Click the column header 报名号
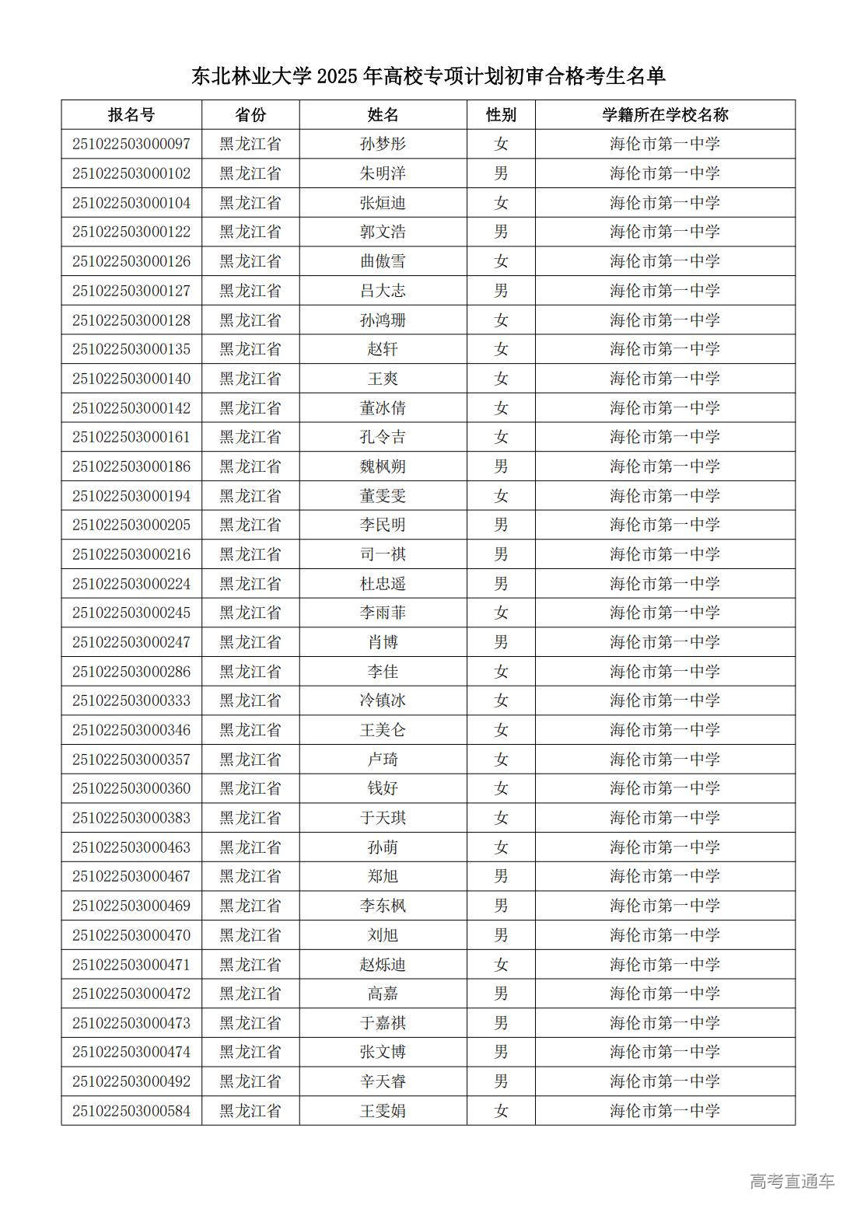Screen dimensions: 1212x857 [131, 115]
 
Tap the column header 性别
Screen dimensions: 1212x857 [501, 115]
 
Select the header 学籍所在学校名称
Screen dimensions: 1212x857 [665, 115]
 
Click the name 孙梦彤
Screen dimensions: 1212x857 [383, 144]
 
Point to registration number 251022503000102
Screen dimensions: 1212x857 [131, 173]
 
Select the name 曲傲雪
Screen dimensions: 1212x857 [383, 261]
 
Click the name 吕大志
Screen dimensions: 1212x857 [383, 291]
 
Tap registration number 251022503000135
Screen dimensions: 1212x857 [131, 349]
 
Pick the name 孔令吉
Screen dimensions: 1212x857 [383, 437]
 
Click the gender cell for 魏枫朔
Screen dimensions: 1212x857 [501, 466]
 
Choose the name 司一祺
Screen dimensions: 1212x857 [383, 554]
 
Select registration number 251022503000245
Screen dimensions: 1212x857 [131, 613]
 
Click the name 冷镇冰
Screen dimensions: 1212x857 [383, 700]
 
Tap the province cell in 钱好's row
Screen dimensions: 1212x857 [250, 788]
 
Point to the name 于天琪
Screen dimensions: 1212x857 [383, 818]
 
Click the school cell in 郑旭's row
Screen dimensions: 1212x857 [665, 876]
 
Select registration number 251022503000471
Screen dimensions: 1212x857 [131, 964]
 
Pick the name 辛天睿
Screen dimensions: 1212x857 [383, 1081]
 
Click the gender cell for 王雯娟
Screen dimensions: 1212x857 [501, 1111]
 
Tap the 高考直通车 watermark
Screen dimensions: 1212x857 [792, 1181]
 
